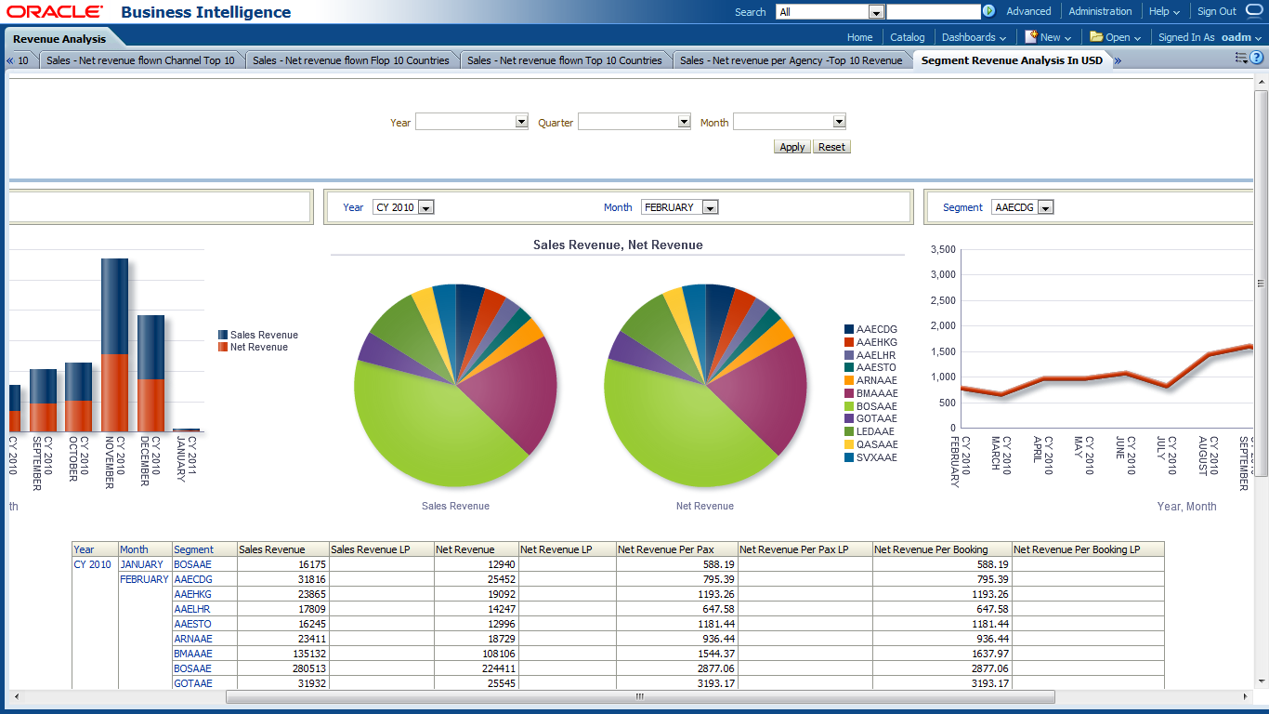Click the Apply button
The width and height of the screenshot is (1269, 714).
792,147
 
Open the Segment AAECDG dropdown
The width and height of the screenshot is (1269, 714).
1046,207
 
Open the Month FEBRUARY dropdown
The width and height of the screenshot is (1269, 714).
710,207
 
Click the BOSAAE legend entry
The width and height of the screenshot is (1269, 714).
876,406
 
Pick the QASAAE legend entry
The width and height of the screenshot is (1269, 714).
876,444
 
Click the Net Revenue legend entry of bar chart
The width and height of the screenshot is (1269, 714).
258,347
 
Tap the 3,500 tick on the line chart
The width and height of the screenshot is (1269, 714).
942,249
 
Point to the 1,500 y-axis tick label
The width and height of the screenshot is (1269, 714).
942,351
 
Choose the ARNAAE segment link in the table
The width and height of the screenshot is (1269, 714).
192,639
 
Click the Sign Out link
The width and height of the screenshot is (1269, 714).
1216,11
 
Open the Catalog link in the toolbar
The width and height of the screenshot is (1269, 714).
907,37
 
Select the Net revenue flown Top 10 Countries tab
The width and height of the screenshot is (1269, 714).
564,60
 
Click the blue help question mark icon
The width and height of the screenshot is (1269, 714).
1257,58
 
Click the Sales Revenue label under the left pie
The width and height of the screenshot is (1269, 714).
455,506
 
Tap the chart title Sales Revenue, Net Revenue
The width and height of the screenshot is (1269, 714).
618,245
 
